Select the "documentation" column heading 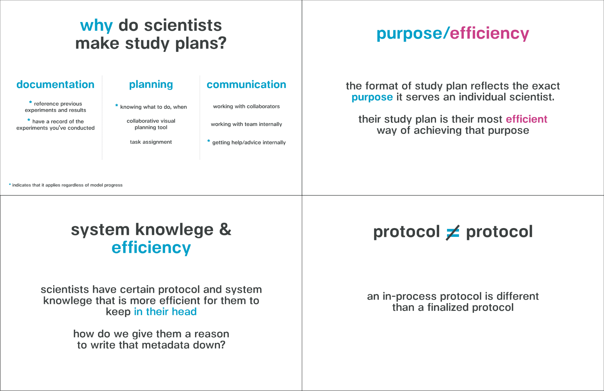coord(55,84)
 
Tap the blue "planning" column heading coord(151,85)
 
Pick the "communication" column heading coord(246,84)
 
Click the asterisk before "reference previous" coord(31,102)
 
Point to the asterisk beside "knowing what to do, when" coord(117,105)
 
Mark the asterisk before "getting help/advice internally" coord(209,141)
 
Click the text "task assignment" coord(151,142)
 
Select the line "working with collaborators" coord(246,106)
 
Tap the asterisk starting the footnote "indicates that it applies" coord(10,184)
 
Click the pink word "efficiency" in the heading coord(489,33)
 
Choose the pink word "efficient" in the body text coord(527,119)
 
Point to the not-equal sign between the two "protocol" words coord(453,233)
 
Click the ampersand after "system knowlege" coord(225,229)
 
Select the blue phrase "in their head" coord(165,311)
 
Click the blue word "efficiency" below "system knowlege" coord(151,248)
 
